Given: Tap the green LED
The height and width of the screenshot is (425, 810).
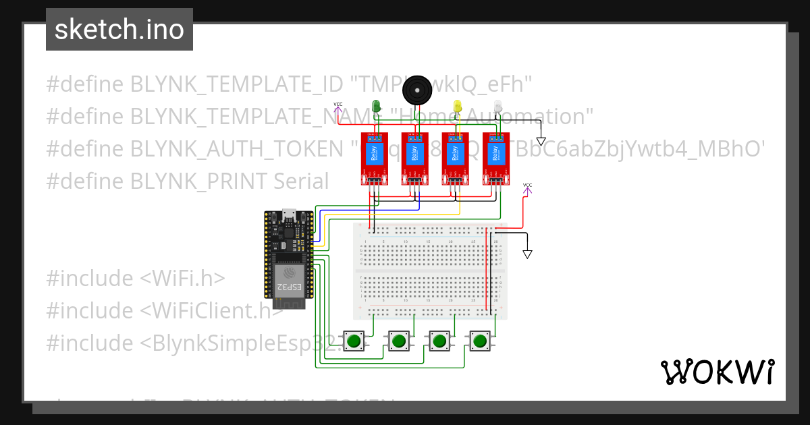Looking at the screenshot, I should point(377,106).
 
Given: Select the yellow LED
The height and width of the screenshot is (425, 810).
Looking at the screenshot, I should point(458,106).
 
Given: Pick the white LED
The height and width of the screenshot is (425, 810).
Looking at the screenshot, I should point(498,106).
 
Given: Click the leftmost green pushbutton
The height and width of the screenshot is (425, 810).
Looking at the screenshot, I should point(354,341).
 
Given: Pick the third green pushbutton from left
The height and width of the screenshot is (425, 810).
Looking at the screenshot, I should point(440,341).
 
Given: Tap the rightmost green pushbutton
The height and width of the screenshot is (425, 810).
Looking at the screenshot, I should point(481,341).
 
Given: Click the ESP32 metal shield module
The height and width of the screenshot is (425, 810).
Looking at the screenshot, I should point(289,279).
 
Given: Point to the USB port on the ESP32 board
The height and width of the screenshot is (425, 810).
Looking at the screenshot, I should point(290,215).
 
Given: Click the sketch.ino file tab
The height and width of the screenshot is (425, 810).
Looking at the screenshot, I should point(119,30).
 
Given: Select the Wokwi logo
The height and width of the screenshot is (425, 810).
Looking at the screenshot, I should point(717,372).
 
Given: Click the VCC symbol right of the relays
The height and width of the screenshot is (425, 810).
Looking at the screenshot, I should point(527,188).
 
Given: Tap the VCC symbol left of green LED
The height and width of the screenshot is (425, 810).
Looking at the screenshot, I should point(337,107).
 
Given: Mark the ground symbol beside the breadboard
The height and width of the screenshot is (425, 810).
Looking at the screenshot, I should point(528,254).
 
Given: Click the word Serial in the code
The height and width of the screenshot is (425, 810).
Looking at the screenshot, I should point(301,181).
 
